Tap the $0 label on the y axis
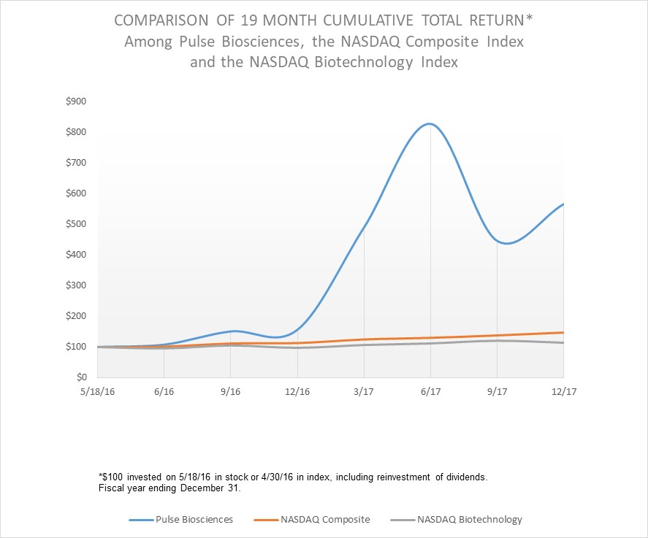coord(81,377)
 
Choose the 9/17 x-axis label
coord(497,391)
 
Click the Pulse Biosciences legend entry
coord(194,520)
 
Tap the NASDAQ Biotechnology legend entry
coord(469,520)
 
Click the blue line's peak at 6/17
coord(430,124)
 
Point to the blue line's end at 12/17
coord(563,204)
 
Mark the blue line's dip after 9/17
coord(507,243)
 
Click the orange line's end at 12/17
coord(563,333)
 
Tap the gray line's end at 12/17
coord(563,342)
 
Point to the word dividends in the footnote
coord(465,477)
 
